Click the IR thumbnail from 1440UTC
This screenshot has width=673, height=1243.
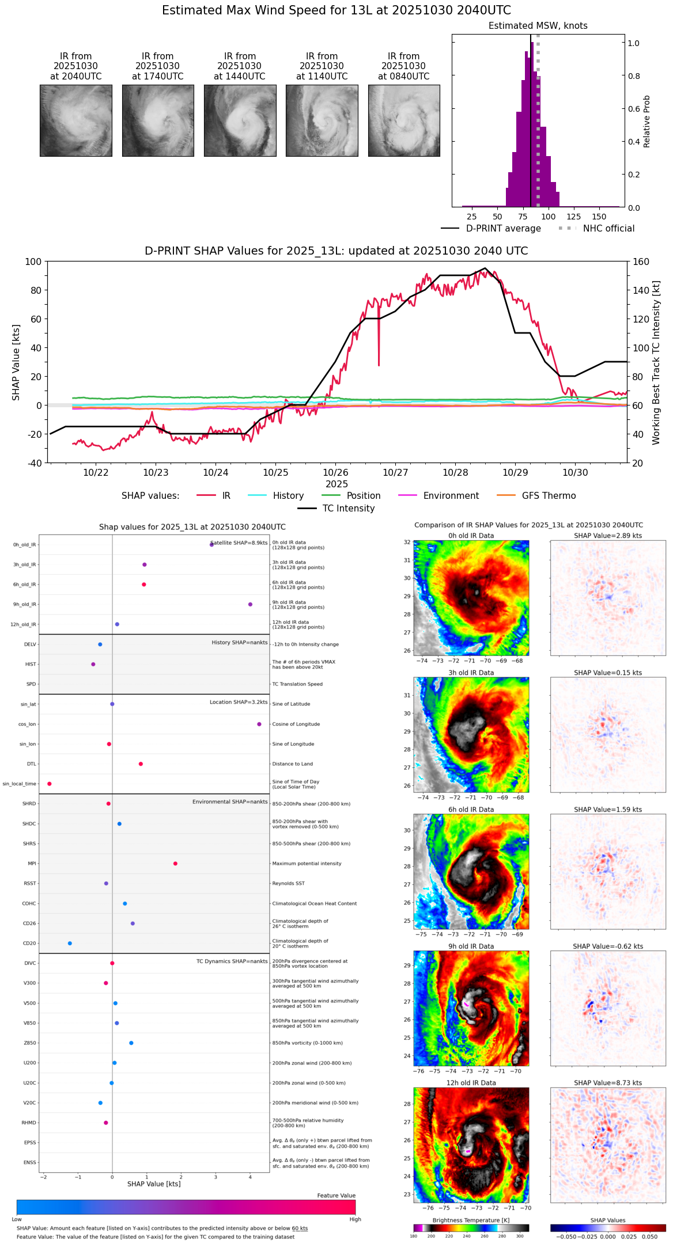[240, 120]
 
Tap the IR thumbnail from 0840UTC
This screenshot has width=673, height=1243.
[404, 120]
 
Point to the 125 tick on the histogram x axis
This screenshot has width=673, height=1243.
[574, 217]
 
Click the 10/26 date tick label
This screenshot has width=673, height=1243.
[335, 473]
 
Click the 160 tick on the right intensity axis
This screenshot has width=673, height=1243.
[641, 262]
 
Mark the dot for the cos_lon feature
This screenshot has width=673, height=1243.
[259, 724]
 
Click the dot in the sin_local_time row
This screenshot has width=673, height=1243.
[50, 784]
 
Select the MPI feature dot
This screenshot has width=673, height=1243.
[175, 863]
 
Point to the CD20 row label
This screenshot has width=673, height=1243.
[29, 943]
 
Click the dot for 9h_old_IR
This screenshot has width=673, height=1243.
[250, 604]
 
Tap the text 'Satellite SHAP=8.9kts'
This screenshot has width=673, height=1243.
[239, 543]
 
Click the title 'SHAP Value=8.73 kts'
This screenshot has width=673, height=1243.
[607, 1083]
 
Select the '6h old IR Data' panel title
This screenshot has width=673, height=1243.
[471, 809]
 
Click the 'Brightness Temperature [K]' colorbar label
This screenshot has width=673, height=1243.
[471, 1220]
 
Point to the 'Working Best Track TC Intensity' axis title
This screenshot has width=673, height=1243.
[656, 363]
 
